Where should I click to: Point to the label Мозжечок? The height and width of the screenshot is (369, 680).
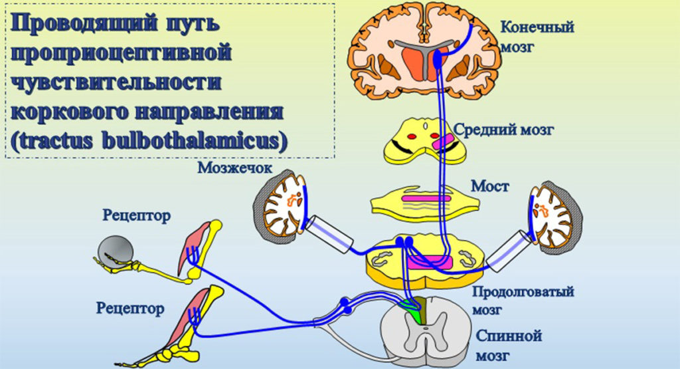tap(234, 168)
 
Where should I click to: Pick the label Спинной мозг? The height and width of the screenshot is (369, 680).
tap(508, 344)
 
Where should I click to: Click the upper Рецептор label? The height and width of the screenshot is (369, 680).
tap(137, 215)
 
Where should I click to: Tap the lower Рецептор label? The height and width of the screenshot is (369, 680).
tap(130, 307)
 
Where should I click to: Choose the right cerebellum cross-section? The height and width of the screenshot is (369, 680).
tap(554, 215)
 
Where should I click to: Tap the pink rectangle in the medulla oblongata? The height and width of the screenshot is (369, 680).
tap(431, 261)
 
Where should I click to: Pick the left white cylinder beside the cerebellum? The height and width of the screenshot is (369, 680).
tap(327, 233)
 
